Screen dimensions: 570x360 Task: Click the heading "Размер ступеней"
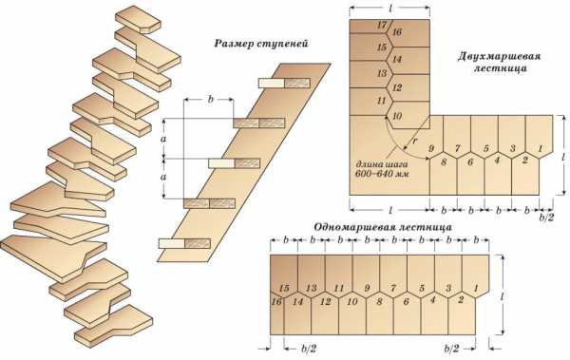(x=261, y=44)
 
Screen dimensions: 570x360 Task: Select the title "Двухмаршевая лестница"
(x=500, y=62)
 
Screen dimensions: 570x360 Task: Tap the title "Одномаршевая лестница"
(x=383, y=227)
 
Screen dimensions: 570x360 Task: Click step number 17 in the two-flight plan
(x=382, y=25)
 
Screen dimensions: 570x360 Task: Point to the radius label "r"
(x=415, y=142)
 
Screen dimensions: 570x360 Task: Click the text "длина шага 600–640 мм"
(x=382, y=169)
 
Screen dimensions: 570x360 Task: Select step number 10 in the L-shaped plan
(x=397, y=116)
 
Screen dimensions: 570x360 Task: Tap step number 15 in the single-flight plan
(x=284, y=288)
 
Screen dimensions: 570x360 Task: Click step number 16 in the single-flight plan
(x=276, y=301)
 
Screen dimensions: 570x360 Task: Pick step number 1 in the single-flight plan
(x=476, y=288)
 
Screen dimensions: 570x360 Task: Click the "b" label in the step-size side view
(x=211, y=100)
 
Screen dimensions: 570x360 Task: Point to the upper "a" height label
(x=164, y=139)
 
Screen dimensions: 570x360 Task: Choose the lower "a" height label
(x=164, y=178)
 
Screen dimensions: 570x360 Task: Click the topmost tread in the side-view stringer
(x=284, y=83)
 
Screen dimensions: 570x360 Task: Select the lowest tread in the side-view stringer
(x=184, y=243)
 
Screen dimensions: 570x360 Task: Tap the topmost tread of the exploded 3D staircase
(x=138, y=19)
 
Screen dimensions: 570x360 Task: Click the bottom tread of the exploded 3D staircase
(x=114, y=326)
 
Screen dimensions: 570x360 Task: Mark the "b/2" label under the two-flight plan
(x=546, y=218)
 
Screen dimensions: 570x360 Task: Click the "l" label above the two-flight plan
(x=390, y=9)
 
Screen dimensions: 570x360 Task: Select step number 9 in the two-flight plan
(x=432, y=148)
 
